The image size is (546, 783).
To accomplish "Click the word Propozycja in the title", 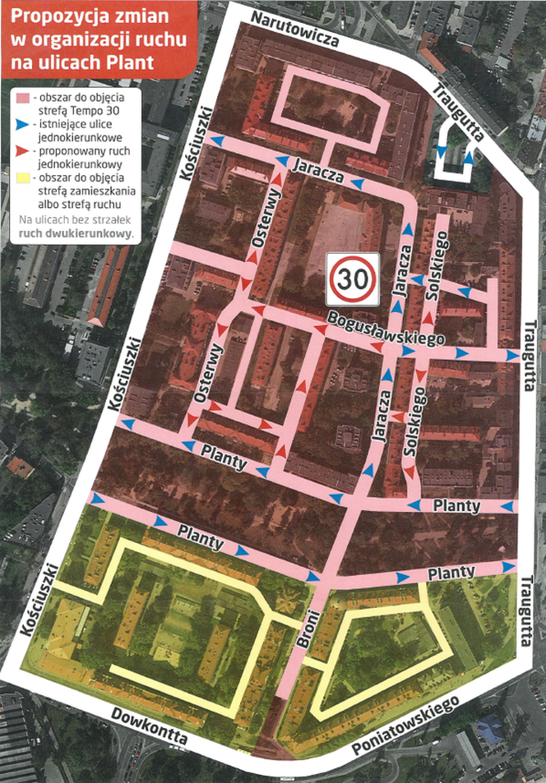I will (49, 18).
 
